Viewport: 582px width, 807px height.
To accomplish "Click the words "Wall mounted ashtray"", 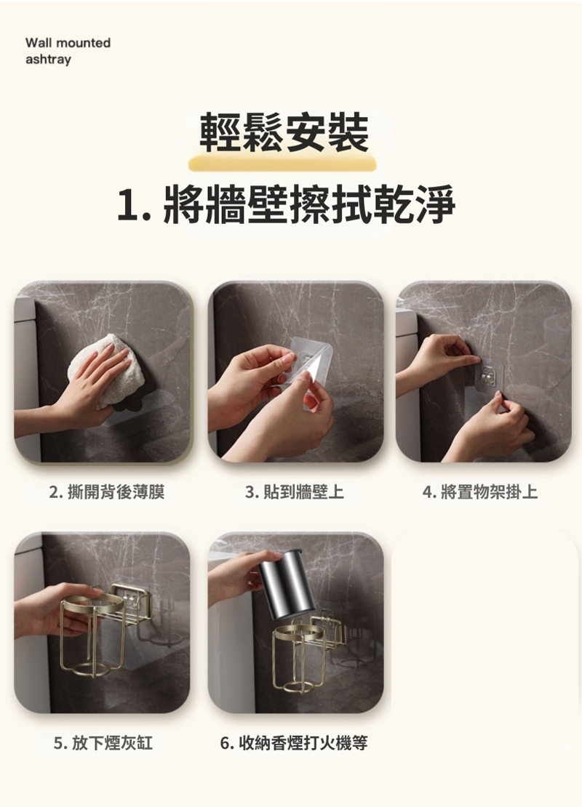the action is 68,51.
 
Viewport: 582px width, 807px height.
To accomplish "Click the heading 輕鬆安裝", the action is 284,133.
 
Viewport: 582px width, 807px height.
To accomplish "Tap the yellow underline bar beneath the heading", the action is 282,165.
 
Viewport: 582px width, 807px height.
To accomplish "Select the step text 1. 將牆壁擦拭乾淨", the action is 287,204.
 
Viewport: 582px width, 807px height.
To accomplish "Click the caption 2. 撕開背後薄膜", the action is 107,492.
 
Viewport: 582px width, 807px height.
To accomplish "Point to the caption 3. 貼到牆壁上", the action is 295,492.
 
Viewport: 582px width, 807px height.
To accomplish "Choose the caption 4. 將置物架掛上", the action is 480,492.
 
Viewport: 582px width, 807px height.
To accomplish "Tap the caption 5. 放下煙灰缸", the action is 103,743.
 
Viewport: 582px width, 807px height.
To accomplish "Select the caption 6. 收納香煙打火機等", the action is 294,743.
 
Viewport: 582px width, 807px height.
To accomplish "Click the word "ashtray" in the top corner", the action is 49,60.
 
